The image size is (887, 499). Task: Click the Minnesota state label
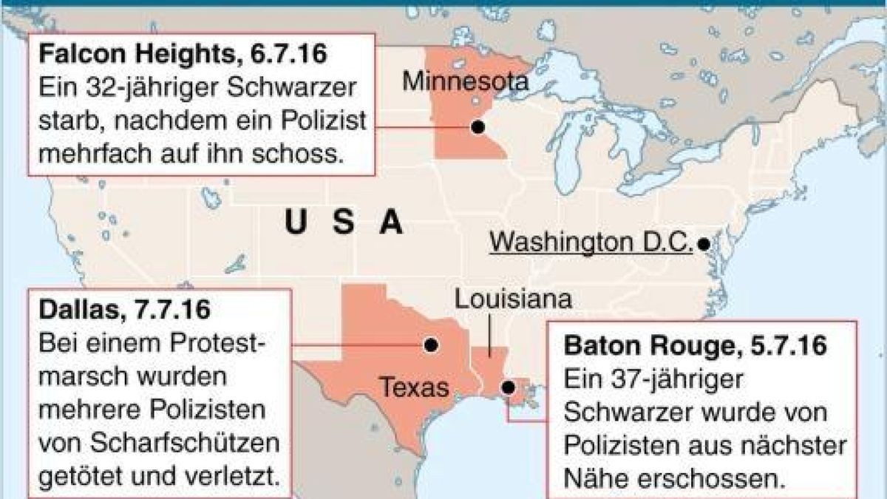pos(465,81)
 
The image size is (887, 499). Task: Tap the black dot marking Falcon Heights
pos(477,127)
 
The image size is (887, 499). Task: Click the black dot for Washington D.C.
pos(704,242)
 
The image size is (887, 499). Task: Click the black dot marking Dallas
pos(430,345)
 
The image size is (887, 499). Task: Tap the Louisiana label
pos(513,300)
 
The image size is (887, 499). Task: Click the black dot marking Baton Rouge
pos(508,387)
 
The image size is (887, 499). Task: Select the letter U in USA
pos(296,222)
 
